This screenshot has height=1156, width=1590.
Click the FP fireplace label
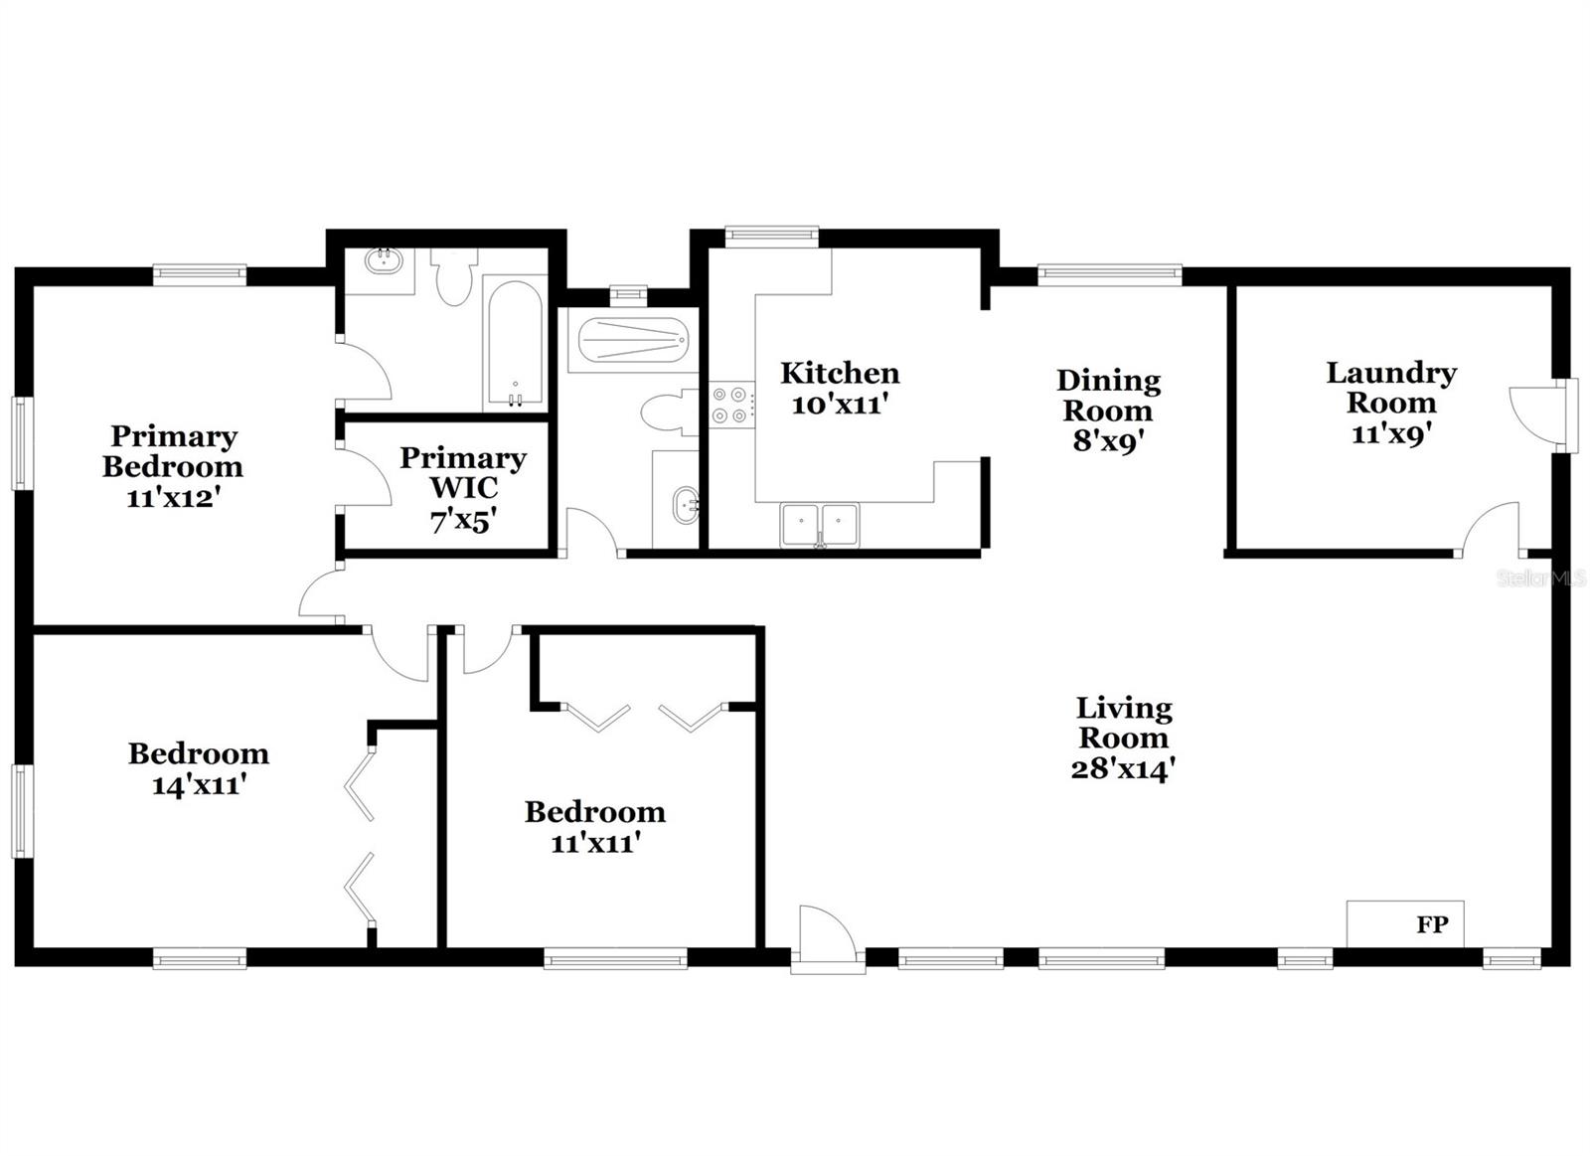[x=1431, y=924]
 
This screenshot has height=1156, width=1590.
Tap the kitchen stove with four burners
[x=729, y=405]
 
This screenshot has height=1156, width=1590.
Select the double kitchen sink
[x=820, y=524]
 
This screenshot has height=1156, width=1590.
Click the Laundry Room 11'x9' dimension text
[x=1390, y=434]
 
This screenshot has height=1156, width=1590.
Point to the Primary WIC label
[x=462, y=472]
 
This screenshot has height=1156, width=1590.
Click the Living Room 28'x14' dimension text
[x=1123, y=768]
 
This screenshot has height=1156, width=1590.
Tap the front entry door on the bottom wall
[x=827, y=939]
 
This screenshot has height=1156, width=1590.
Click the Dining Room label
[x=1108, y=395]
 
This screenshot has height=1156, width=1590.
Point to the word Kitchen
[x=840, y=374]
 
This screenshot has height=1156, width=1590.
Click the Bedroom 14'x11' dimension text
[x=199, y=784]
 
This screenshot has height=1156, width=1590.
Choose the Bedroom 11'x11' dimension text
[x=594, y=843]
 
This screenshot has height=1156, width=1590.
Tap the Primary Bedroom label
[x=173, y=451]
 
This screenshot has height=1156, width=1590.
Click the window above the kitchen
[x=771, y=236]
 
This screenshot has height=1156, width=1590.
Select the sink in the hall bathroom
[x=685, y=505]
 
